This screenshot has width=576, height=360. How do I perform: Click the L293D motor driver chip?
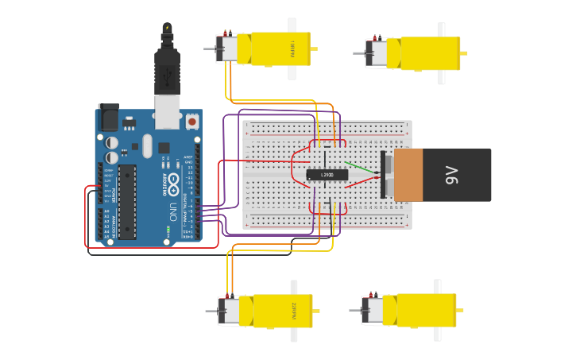[x=327, y=175]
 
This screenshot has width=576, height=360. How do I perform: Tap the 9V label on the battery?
[x=452, y=175]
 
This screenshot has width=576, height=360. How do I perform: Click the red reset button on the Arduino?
[x=191, y=122]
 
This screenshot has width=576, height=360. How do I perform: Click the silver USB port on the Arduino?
[x=167, y=112]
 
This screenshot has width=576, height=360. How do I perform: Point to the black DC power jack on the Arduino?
[x=108, y=117]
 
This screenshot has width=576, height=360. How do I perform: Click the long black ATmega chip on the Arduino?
[x=127, y=202]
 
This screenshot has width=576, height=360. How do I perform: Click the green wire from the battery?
[x=365, y=168]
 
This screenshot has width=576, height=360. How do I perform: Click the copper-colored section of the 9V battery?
[x=408, y=175]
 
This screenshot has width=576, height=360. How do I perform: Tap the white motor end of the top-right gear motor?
[x=376, y=53]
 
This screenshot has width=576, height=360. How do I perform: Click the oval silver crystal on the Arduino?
[x=147, y=145]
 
